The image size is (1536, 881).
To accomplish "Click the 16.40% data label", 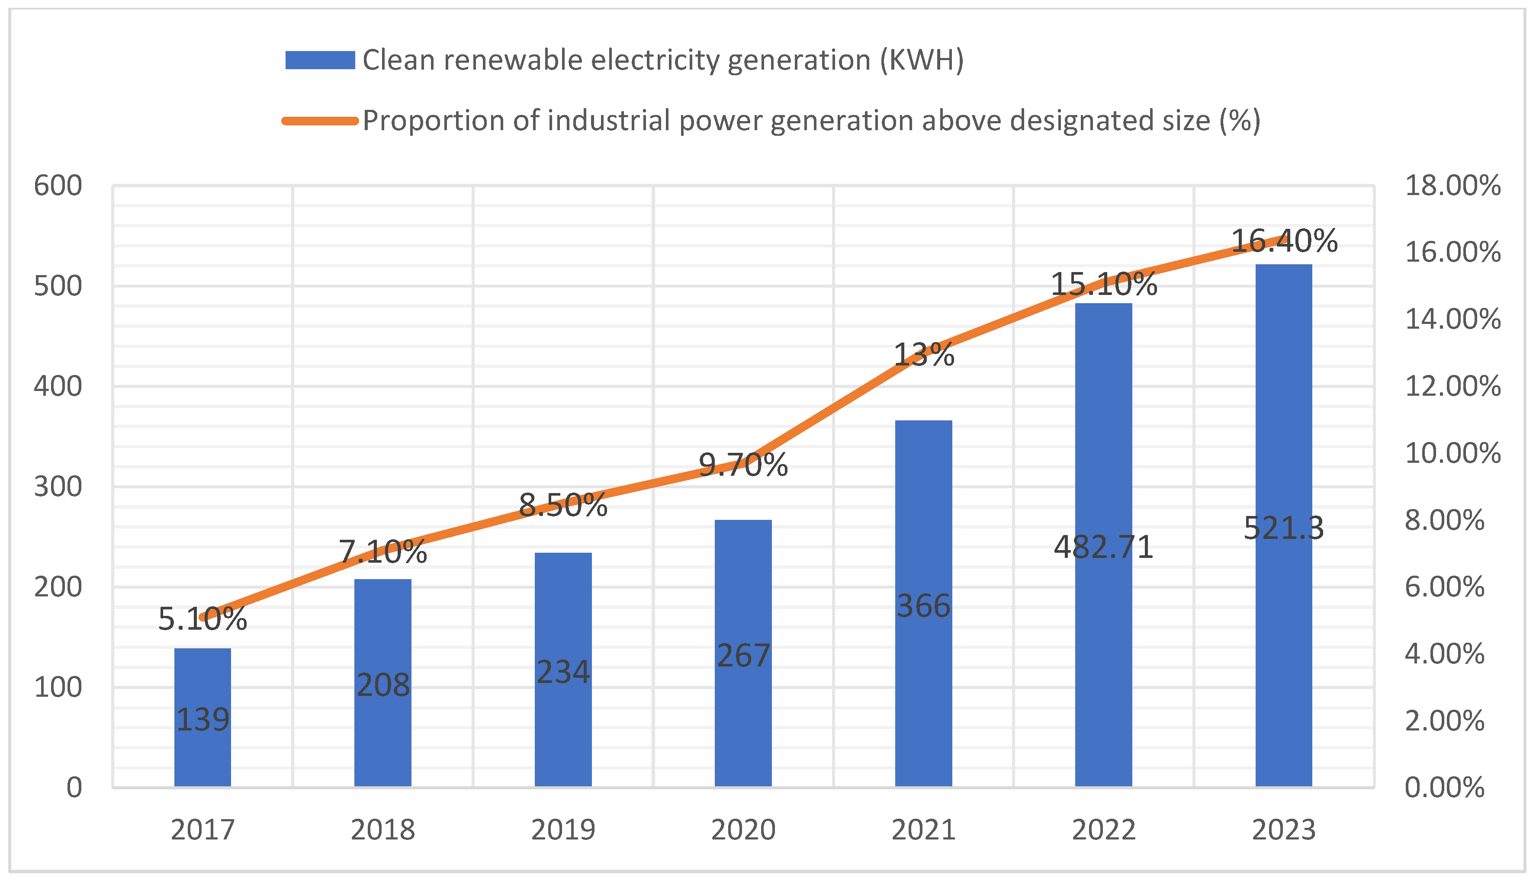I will pyautogui.click(x=1284, y=241).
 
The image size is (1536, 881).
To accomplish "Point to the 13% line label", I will pyautogui.click(x=923, y=355).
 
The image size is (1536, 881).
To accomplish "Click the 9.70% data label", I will pyautogui.click(x=743, y=465).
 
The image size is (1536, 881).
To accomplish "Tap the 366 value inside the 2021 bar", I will pyautogui.click(x=923, y=605).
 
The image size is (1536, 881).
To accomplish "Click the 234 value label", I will pyautogui.click(x=563, y=672).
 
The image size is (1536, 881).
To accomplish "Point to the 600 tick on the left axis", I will pyautogui.click(x=58, y=186).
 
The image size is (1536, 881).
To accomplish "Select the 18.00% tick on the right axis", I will pyautogui.click(x=1452, y=186).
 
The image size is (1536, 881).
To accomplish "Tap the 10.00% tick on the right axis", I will pyautogui.click(x=1452, y=453).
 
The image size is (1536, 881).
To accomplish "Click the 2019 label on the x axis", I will pyautogui.click(x=563, y=830).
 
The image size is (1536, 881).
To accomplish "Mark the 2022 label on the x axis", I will pyautogui.click(x=1103, y=830).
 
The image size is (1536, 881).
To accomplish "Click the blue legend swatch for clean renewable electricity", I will pyautogui.click(x=320, y=61).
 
